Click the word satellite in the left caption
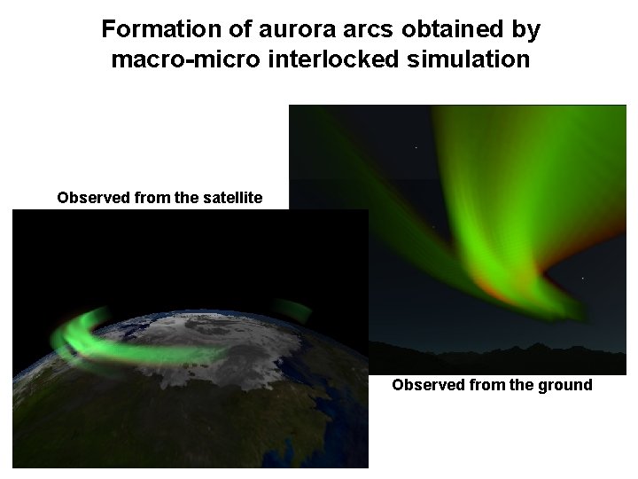(x=233, y=197)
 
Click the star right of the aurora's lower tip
(x=582, y=279)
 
